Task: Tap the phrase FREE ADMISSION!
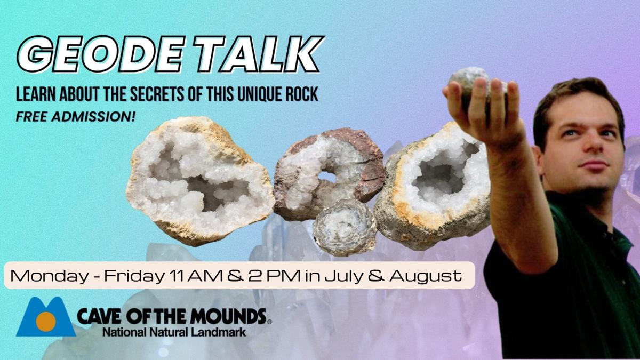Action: point(76,116)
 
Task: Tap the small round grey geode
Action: point(344,227)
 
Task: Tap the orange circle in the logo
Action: point(46,321)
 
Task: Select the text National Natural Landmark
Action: point(173,332)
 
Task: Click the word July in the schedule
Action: point(354,276)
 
